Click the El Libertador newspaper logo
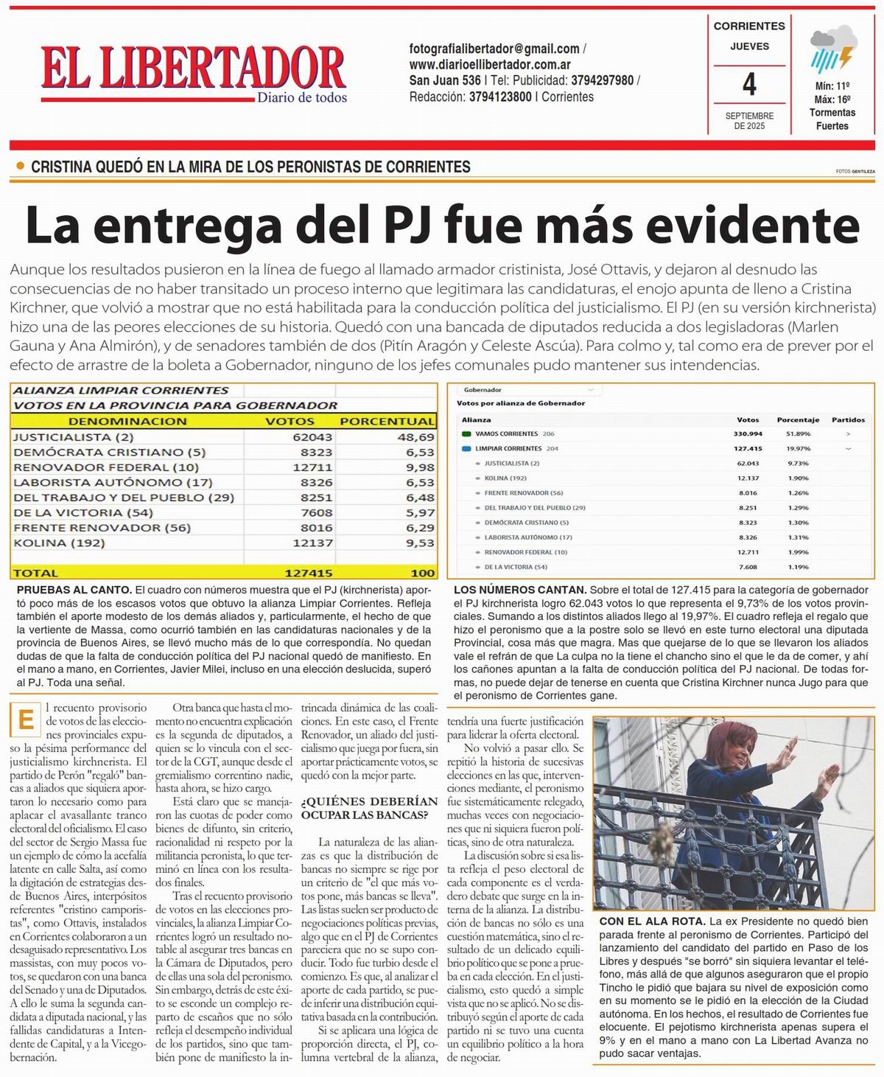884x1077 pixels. click(193, 72)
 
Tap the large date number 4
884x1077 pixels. click(749, 84)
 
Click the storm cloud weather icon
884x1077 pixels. click(832, 48)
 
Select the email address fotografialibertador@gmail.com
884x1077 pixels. click(494, 49)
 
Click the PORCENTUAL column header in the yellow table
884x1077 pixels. click(386, 421)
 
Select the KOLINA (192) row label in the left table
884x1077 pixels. click(59, 543)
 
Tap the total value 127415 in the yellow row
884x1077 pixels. click(308, 572)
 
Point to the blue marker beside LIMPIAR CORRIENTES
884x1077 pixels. click(466, 448)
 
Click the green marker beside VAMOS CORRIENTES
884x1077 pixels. click(466, 433)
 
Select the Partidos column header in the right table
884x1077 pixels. click(848, 419)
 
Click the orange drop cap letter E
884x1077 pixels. click(26, 719)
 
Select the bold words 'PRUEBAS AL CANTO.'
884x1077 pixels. click(74, 590)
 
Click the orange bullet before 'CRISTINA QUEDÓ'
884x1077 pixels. click(20, 167)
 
